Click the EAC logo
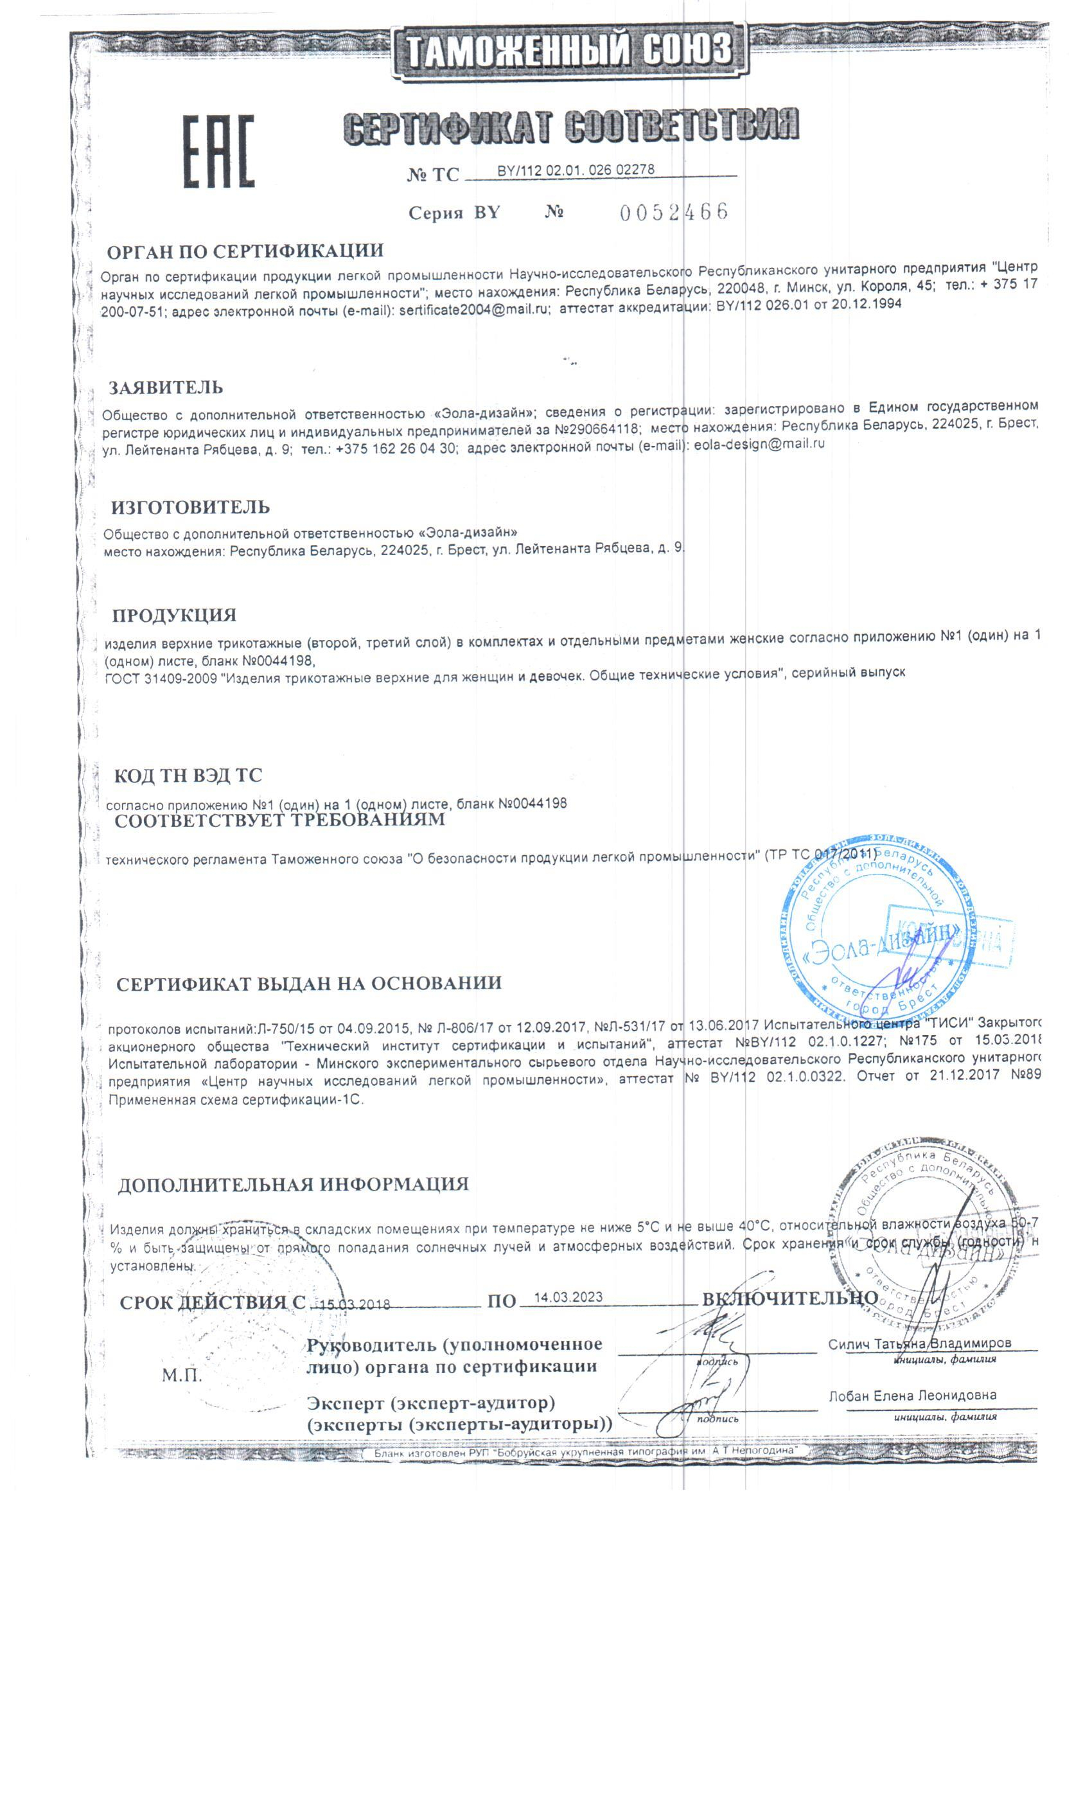[218, 151]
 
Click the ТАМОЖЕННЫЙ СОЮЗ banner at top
[568, 51]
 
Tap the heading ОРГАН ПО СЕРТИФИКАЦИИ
[245, 252]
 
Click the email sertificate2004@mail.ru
[474, 309]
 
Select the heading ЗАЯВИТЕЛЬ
[166, 387]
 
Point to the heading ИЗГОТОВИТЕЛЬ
[191, 507]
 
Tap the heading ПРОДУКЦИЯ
[175, 615]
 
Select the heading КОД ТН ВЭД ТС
[188, 775]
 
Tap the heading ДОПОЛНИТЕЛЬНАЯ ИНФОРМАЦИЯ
[293, 1184]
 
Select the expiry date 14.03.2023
[568, 1297]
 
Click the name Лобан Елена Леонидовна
[911, 1396]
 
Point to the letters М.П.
[182, 1375]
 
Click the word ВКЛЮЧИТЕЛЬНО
[790, 1298]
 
